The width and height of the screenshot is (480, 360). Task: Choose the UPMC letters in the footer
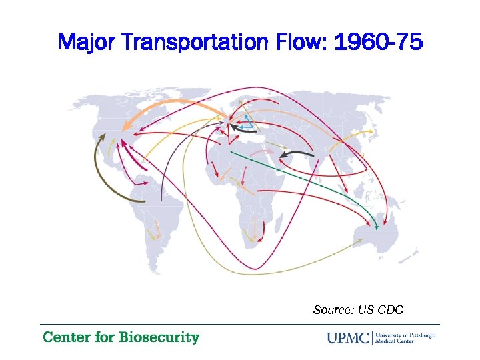(x=349, y=338)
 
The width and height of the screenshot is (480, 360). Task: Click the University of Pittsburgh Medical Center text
(x=405, y=337)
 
